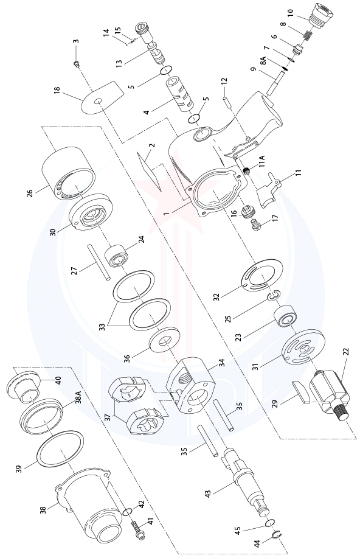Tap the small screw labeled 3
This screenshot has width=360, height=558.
coord(77,62)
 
